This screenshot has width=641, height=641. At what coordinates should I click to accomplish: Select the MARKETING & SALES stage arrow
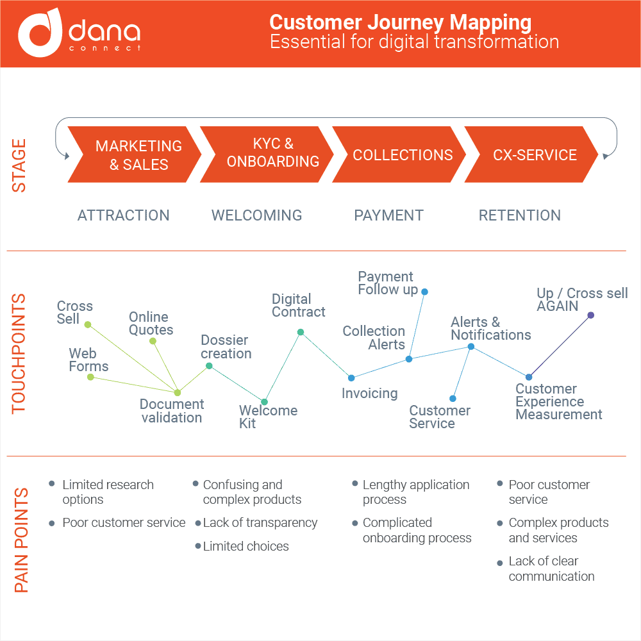coord(135,154)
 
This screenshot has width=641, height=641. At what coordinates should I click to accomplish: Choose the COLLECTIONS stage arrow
coord(401,154)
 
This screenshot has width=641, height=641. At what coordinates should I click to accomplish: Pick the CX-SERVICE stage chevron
coord(533,154)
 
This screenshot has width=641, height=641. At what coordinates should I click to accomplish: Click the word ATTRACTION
coord(124,215)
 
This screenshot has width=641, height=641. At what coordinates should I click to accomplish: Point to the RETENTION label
coord(520,215)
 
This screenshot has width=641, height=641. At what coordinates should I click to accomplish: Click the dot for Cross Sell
coord(88,324)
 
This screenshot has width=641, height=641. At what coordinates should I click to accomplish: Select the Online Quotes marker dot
coord(153,341)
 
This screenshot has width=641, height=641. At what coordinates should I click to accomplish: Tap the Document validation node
coord(178,392)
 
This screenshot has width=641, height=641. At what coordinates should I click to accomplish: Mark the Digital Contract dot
coord(300,332)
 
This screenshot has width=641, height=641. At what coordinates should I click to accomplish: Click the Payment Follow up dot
coord(424,292)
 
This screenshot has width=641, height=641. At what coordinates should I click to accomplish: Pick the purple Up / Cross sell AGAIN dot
coord(590,315)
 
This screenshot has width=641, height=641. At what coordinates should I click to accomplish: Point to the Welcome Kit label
coord(268,417)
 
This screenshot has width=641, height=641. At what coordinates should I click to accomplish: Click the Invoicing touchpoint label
coord(369,394)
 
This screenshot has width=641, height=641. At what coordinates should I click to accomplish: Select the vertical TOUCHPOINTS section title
coord(19,353)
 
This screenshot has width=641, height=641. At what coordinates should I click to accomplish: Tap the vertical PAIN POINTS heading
coord(21,540)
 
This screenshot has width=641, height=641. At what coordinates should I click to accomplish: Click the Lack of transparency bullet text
coord(260,523)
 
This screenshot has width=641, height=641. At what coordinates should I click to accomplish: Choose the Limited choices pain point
coord(246,547)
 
